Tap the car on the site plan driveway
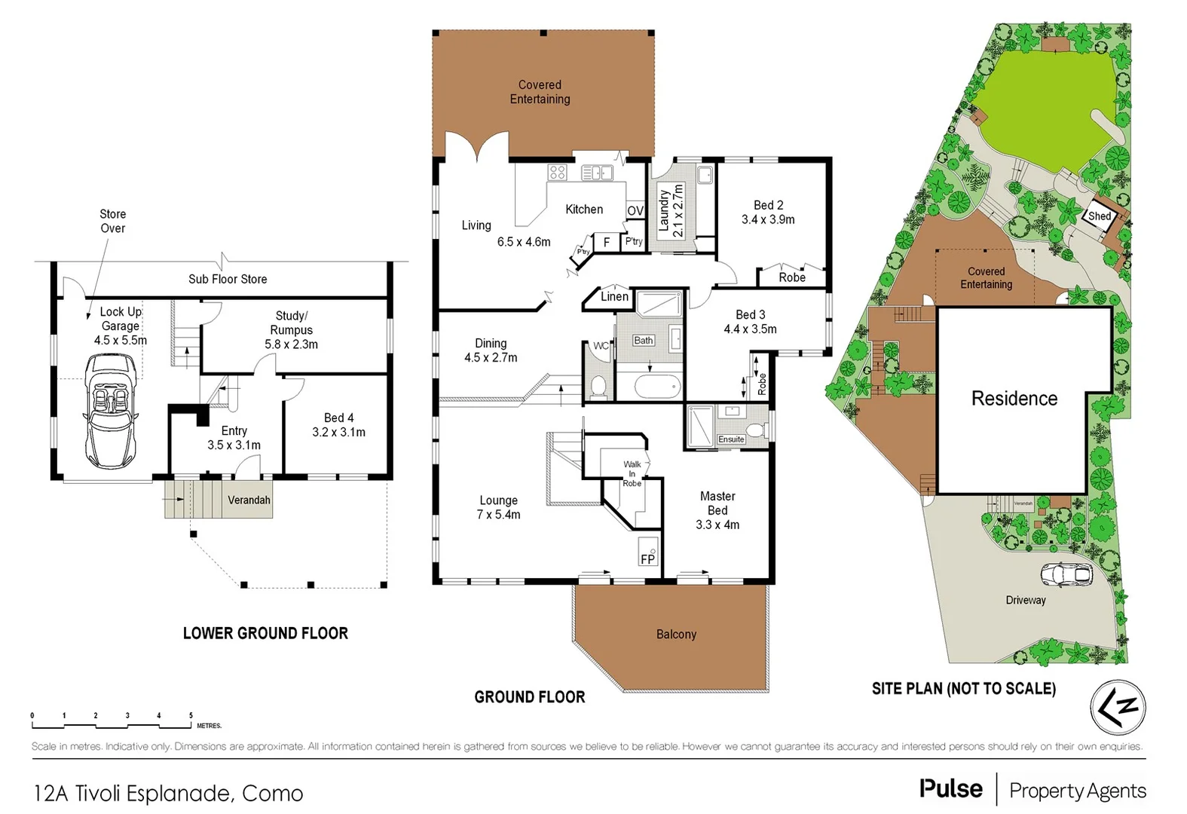(x=1066, y=574)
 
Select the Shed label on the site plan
(x=1099, y=216)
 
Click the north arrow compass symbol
(x=1118, y=708)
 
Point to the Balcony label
(x=676, y=635)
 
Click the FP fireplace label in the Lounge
(x=647, y=558)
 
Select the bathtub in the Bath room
(x=657, y=387)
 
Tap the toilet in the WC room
(x=598, y=386)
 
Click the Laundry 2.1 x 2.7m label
(x=670, y=211)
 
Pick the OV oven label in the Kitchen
(x=635, y=211)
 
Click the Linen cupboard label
(x=614, y=296)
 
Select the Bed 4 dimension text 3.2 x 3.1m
(x=338, y=432)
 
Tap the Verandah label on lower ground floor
(x=249, y=500)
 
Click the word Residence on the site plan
(x=1014, y=399)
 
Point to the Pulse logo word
(x=950, y=789)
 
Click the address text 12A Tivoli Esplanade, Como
(x=168, y=793)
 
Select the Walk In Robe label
(x=632, y=474)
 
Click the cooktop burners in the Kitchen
(x=557, y=172)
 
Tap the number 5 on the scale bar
(x=191, y=716)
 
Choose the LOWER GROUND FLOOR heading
(x=265, y=633)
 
